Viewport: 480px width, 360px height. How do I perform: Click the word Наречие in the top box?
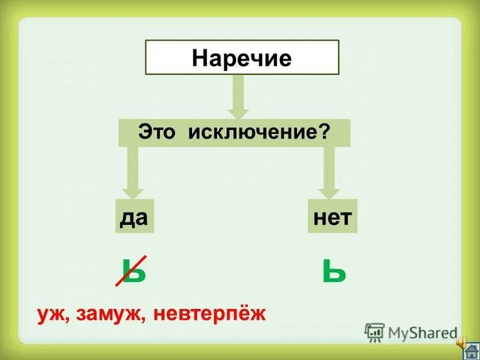(x=242, y=58)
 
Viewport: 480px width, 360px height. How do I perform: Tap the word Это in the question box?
(x=158, y=132)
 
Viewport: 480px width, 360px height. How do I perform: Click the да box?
(x=134, y=217)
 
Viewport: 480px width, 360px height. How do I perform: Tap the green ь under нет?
(x=334, y=271)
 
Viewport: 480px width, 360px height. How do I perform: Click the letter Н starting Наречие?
(x=199, y=58)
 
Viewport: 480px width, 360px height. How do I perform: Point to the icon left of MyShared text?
(x=374, y=332)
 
